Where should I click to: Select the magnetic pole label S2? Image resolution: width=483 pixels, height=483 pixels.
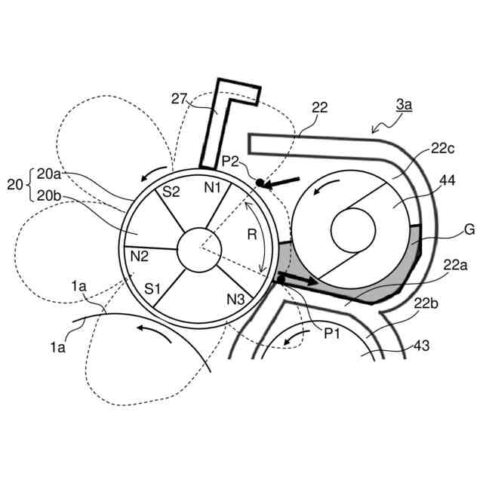[171, 192]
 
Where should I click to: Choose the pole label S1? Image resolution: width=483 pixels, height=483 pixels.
[154, 288]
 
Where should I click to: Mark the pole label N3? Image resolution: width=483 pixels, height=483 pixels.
[235, 299]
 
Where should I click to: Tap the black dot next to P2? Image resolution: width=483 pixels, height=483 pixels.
[259, 183]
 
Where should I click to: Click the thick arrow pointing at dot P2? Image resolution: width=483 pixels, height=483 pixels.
[284, 180]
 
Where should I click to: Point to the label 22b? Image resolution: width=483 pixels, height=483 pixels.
[426, 304]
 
